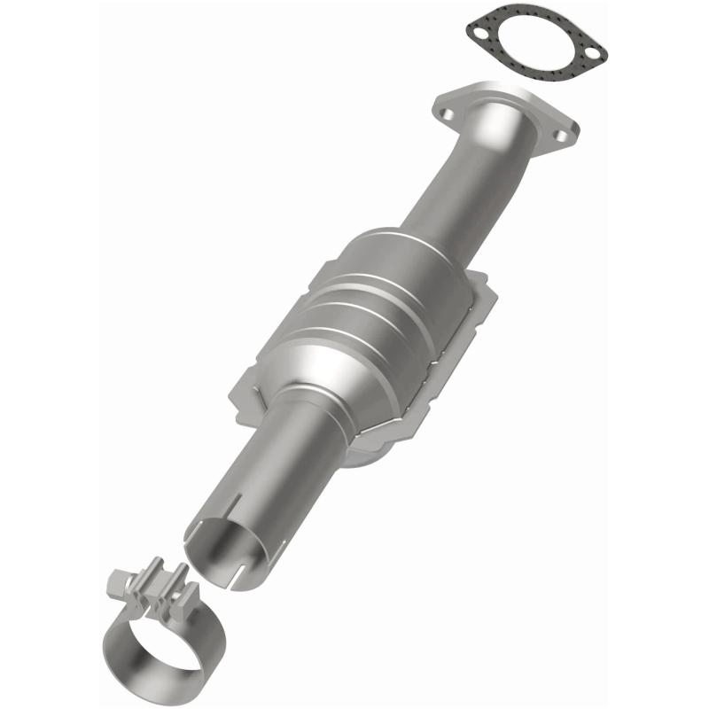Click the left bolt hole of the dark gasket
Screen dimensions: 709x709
coord(479,35)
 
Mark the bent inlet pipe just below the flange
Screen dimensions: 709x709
coord(496,151)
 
